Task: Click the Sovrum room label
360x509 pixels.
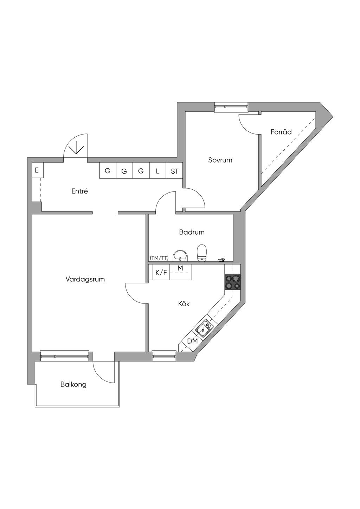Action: tap(220, 160)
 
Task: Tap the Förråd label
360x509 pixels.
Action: tap(281, 132)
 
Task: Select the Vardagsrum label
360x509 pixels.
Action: tap(85, 279)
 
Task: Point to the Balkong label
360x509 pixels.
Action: tap(73, 384)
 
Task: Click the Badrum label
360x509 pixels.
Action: tap(192, 232)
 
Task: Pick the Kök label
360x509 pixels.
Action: tap(184, 304)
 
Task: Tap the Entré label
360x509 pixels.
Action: tap(79, 191)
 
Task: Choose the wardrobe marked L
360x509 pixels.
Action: tap(158, 170)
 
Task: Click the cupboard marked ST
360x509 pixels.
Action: tap(175, 170)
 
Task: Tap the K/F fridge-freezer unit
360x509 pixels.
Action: tap(161, 272)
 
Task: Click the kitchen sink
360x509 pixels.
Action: tap(205, 327)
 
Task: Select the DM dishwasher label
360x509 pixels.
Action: tap(192, 341)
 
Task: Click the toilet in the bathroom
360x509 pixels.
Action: tap(201, 253)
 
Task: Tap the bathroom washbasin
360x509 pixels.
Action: tap(181, 256)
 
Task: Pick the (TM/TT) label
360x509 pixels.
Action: tap(159, 258)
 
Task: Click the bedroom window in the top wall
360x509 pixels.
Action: tap(231, 107)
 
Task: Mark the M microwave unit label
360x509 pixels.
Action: tap(180, 268)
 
